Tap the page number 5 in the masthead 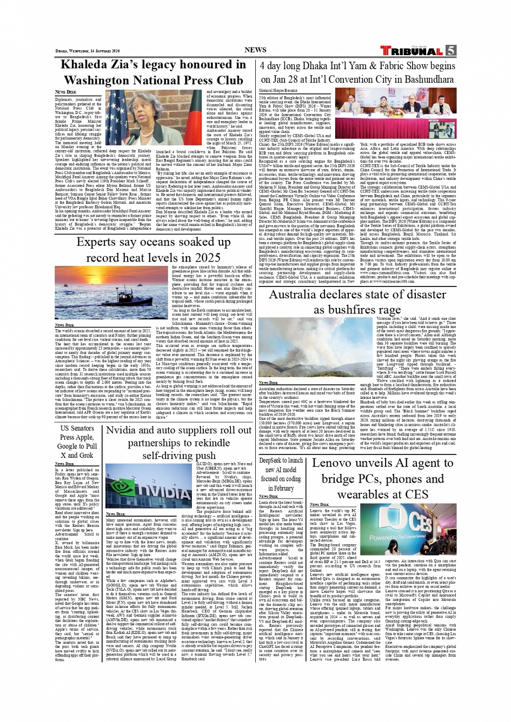pyautogui.click(x=451, y=51)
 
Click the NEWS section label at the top pyautogui.click(x=255, y=50)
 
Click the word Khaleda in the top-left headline pyautogui.click(x=92, y=65)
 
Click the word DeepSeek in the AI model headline pyautogui.click(x=273, y=460)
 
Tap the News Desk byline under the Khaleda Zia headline pyautogui.click(x=65, y=92)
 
